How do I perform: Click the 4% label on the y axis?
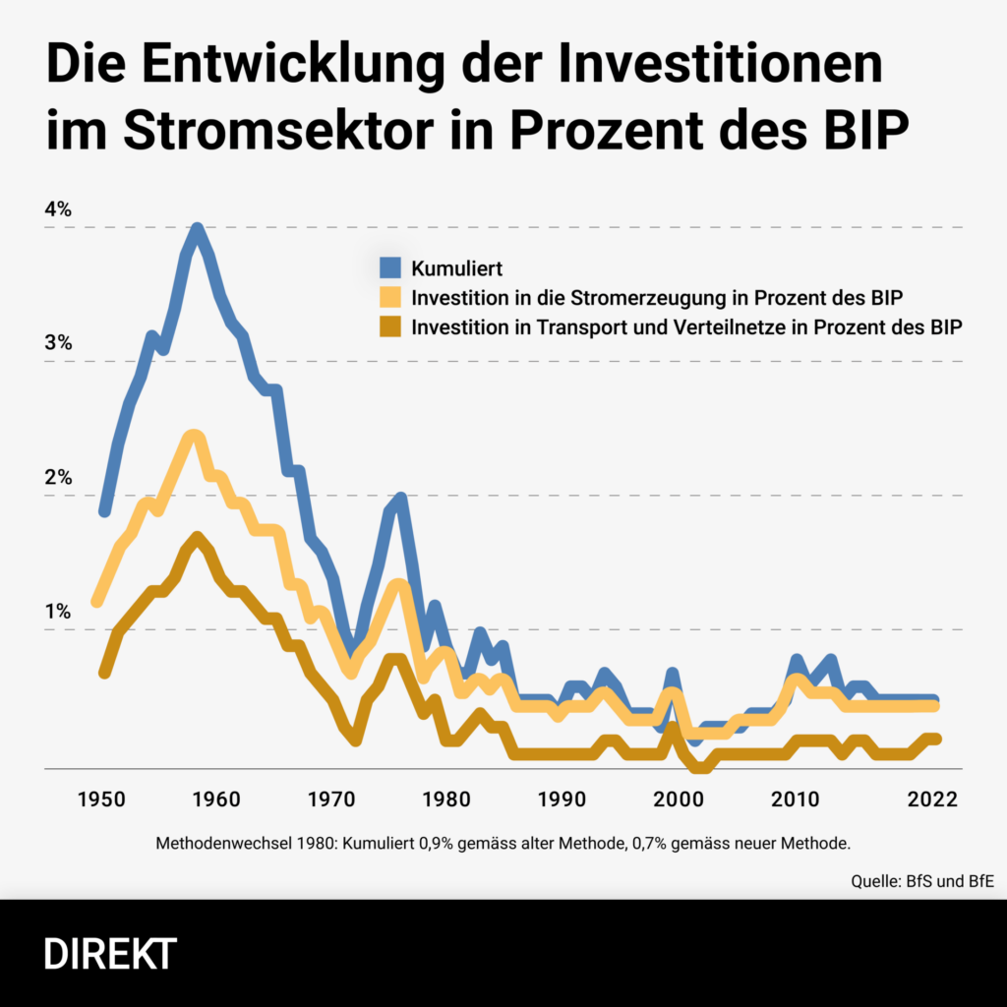[58, 209]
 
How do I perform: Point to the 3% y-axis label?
[58, 343]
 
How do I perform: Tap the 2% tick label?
[58, 478]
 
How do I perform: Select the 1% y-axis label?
[58, 612]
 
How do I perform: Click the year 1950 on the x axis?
[102, 800]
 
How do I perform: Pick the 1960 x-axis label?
[216, 800]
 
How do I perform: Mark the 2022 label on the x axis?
[931, 800]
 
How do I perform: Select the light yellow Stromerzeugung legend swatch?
[390, 297]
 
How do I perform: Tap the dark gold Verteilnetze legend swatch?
[390, 327]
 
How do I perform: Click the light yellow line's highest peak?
[194, 436]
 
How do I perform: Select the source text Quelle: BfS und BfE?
[921, 881]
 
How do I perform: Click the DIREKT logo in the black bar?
[110, 954]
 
